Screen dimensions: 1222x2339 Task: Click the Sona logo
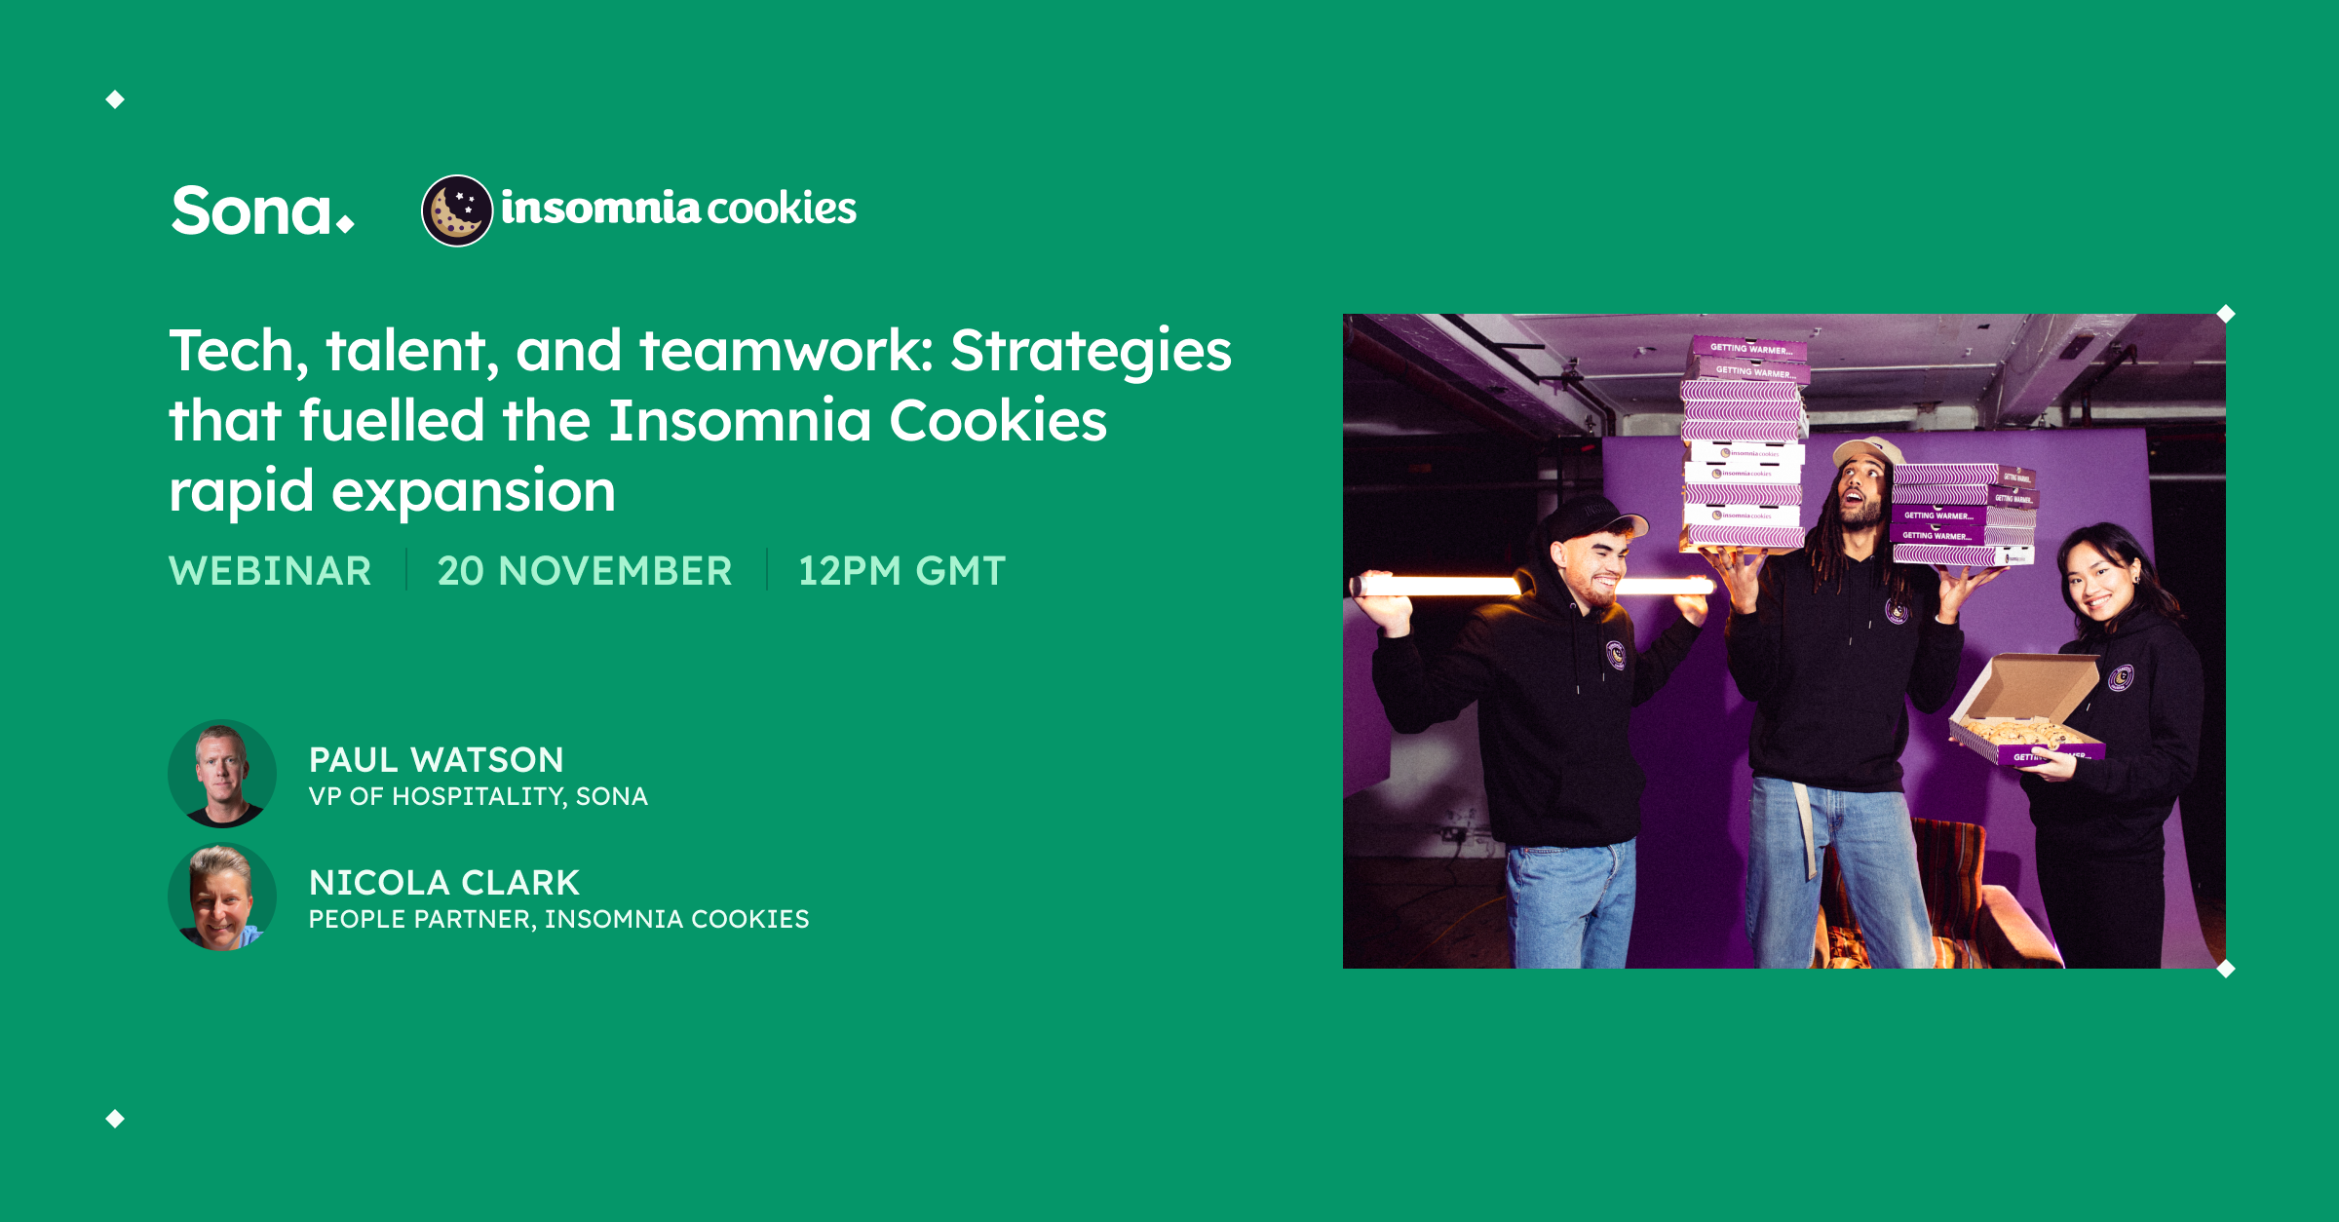click(261, 210)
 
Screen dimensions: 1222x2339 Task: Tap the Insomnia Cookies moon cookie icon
click(456, 210)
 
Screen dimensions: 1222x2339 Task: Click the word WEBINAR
click(270, 571)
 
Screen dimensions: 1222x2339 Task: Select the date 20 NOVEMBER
click(585, 571)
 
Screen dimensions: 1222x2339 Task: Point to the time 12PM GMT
click(901, 571)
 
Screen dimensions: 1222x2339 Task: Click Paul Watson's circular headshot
click(222, 774)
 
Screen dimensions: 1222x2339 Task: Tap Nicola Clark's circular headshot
click(222, 897)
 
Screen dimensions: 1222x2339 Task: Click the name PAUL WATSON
click(437, 760)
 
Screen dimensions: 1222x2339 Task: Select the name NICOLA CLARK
click(444, 883)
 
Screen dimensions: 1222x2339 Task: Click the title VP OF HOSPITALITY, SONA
click(478, 797)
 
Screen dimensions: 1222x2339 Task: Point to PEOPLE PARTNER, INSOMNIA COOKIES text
click(558, 919)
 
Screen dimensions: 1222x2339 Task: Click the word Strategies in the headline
click(1091, 351)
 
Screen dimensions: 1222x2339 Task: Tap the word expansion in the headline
click(474, 490)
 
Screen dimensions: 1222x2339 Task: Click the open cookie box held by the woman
click(2022, 711)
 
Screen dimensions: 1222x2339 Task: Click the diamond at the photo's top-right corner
click(2226, 314)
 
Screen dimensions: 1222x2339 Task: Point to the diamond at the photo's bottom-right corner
click(2226, 969)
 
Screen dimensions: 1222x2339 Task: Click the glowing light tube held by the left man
click(1442, 586)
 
